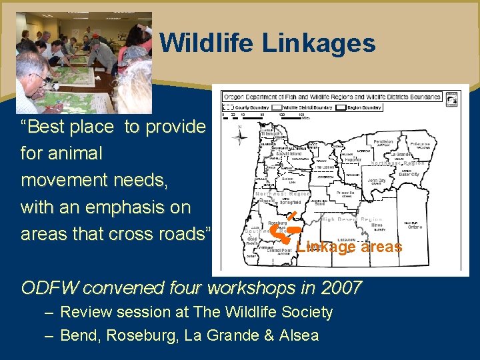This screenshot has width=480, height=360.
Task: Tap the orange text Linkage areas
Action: (349, 247)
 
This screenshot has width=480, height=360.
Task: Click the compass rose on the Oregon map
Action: (239, 138)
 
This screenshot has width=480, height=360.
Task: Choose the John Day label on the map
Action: (376, 181)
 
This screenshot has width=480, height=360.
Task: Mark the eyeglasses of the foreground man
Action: (40, 78)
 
